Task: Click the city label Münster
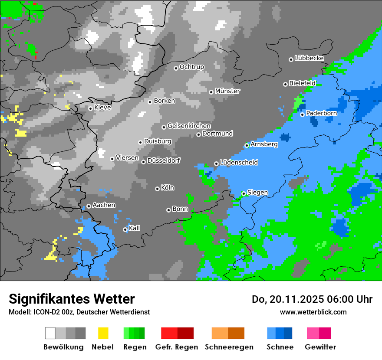point(227,91)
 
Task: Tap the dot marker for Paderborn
point(302,115)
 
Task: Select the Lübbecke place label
point(310,58)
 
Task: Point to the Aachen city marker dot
point(89,206)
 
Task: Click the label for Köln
point(168,188)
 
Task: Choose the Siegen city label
point(257,193)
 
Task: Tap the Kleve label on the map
point(102,108)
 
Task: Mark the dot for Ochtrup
point(176,68)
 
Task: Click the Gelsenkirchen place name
point(189,126)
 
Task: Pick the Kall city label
point(135,228)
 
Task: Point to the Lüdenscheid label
point(239,163)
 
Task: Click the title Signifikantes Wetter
point(72,299)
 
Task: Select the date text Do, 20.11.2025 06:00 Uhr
point(312,299)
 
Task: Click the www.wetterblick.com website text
point(313,312)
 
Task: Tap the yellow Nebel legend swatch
point(103,333)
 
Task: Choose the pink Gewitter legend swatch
point(313,333)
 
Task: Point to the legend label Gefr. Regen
point(177,347)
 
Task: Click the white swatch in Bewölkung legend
point(50,333)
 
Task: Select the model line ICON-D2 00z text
point(79,312)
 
